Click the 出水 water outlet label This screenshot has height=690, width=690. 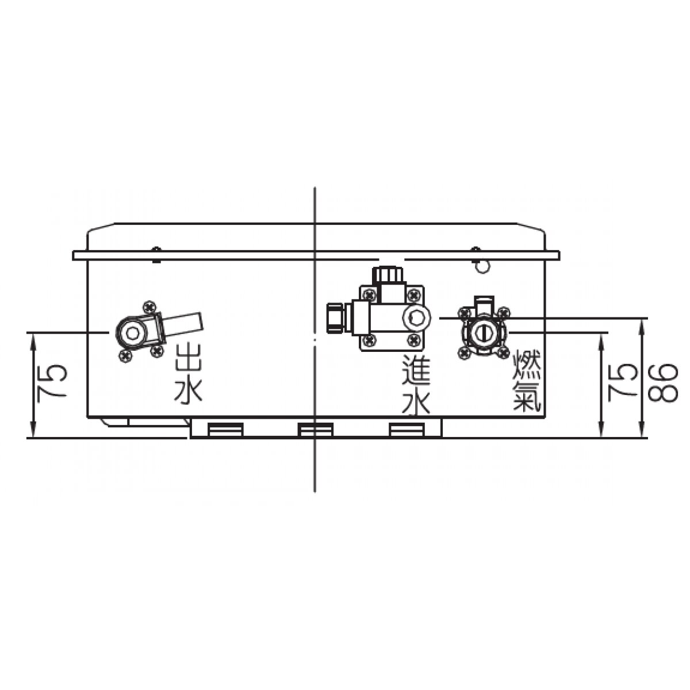coord(189,374)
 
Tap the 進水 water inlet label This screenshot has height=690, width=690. coord(415,385)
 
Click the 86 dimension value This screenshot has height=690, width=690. coord(663,383)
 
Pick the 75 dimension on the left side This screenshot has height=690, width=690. coord(53,381)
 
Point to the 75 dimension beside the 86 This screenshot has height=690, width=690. coord(623,383)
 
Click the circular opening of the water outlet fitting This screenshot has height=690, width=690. coord(132,333)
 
